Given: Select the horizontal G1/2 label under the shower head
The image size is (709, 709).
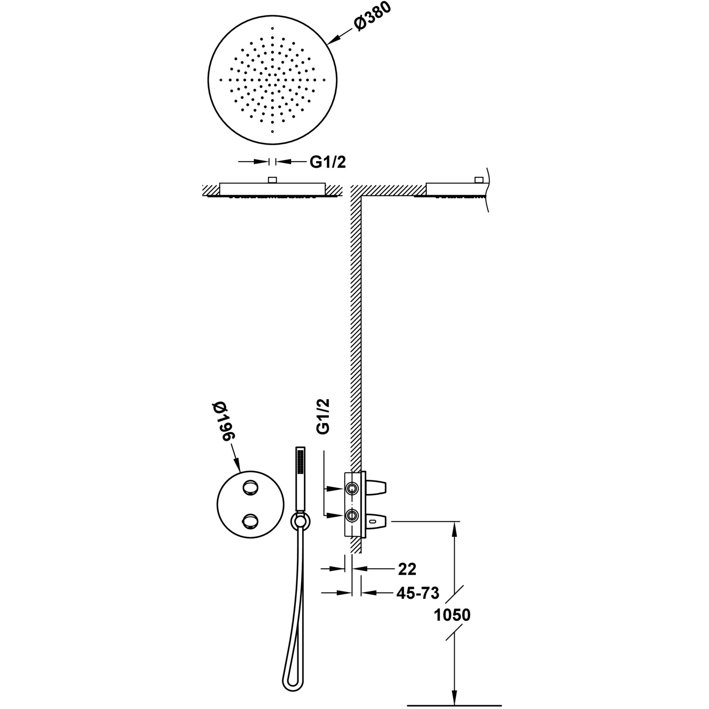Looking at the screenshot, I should click(328, 163).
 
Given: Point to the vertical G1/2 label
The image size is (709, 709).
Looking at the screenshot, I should click(323, 416).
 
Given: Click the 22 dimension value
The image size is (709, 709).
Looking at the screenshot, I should click(407, 570).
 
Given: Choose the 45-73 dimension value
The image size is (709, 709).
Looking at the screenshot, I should click(417, 593).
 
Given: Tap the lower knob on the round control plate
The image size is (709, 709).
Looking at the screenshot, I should click(249, 522).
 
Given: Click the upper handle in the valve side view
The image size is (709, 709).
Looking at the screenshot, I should click(376, 487).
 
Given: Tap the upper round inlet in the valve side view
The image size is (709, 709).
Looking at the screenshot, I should click(351, 488).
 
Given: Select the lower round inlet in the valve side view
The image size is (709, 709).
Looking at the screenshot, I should click(351, 515).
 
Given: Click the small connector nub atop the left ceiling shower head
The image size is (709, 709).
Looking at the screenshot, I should click(272, 180).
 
